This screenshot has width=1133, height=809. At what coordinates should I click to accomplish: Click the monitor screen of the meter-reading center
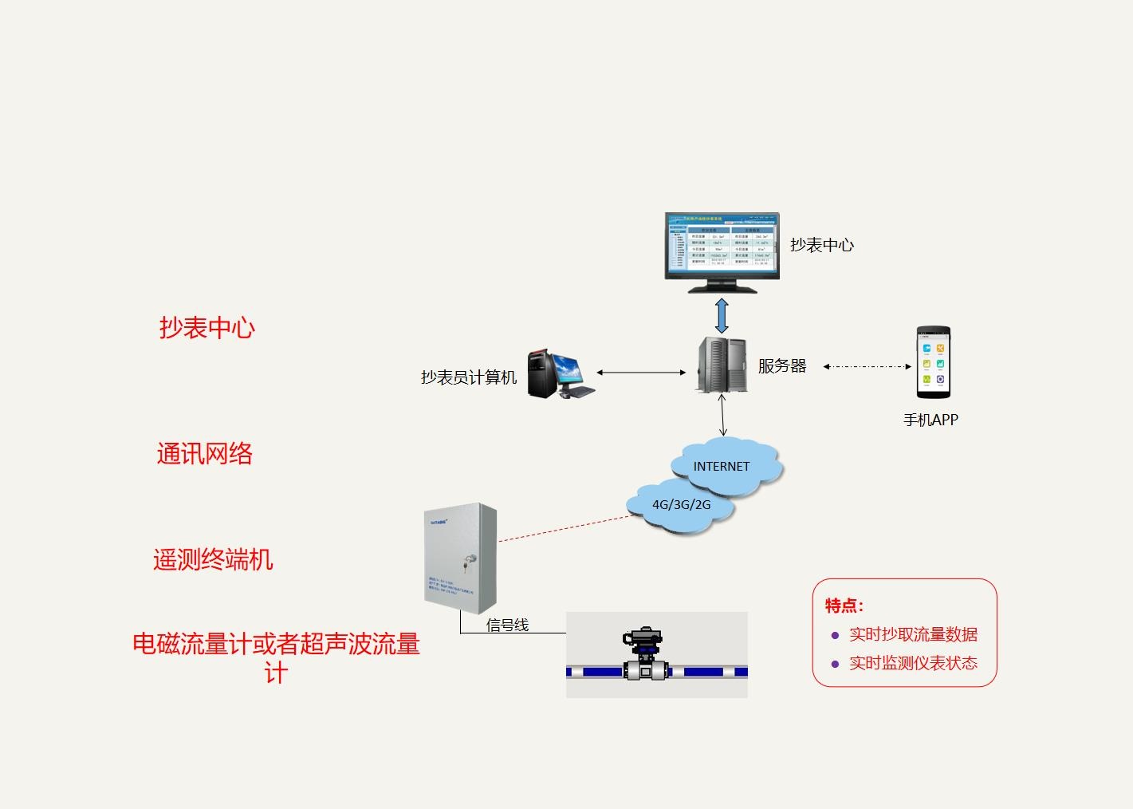click(x=722, y=246)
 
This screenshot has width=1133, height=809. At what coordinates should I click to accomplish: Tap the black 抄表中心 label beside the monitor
click(x=822, y=245)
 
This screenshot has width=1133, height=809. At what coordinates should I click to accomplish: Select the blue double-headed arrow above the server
click(x=722, y=316)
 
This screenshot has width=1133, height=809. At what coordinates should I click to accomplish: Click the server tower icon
click(x=722, y=365)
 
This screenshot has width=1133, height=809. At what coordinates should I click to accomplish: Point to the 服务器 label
click(x=782, y=366)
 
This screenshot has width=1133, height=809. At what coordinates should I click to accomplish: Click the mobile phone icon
click(x=933, y=362)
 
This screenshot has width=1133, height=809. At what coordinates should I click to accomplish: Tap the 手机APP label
click(x=930, y=420)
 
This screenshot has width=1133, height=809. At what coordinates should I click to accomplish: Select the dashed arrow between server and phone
click(x=867, y=366)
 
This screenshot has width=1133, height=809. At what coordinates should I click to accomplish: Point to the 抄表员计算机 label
click(x=469, y=377)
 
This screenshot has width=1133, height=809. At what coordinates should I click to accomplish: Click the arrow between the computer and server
click(x=641, y=372)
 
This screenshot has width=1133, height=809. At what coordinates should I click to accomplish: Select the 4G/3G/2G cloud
click(x=681, y=505)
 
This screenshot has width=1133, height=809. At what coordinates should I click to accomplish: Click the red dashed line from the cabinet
click(x=566, y=528)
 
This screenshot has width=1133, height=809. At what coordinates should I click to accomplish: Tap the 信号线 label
click(x=507, y=625)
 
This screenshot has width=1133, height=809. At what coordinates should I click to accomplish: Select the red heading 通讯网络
click(x=205, y=454)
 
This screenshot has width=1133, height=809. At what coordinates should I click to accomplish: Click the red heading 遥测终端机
click(x=213, y=559)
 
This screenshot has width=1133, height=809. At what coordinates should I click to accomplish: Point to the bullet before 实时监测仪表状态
click(x=835, y=664)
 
